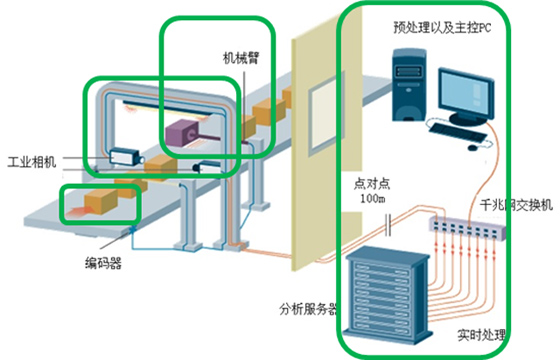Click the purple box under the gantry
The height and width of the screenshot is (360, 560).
(188, 134)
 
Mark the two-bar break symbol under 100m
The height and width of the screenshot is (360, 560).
(371, 227)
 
